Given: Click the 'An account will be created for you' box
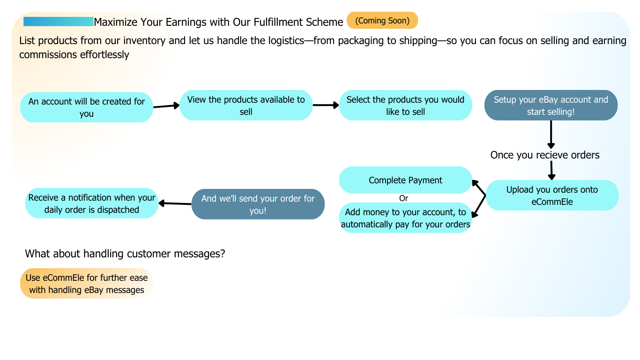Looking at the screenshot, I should pos(87,107).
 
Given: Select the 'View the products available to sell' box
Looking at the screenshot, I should pos(246,105).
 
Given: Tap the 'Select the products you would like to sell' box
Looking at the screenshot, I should pos(405,105).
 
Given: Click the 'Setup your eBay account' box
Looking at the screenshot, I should pos(551,105).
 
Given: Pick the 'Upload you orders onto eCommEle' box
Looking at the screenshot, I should pos(552,195).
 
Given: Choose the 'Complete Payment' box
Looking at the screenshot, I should pos(405,180).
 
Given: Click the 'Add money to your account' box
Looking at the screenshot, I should pos(405,218).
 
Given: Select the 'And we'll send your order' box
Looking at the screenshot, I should pos(258,204).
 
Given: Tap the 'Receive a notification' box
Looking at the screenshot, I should pos(91,203).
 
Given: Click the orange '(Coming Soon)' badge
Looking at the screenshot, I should pos(382,21).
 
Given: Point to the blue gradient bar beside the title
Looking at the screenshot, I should pos(59,22).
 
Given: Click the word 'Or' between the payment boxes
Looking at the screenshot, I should pos(403,198).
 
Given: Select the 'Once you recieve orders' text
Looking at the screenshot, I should pos(545,155).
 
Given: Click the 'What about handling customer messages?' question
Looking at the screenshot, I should pos(125,254).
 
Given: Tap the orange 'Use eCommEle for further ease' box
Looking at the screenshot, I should pos(87,284).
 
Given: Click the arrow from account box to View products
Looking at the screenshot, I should pos(166,106).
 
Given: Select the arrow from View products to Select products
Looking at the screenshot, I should pos(326,105).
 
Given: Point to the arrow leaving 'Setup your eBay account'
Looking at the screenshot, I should pos(551,135).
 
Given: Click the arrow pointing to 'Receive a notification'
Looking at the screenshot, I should pos(175,203).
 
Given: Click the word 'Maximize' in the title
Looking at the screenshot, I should pos(115,22).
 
